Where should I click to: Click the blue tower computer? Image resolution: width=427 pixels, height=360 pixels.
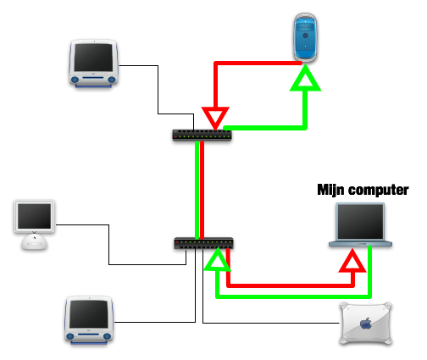coord(305,37)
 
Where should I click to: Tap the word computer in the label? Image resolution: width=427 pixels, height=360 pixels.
coord(379,191)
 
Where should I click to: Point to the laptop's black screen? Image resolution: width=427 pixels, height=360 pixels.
coord(361,222)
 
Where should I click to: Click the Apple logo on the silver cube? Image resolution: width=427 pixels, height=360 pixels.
coord(366,323)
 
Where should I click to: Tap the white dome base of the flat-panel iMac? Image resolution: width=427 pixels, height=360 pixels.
coord(35,242)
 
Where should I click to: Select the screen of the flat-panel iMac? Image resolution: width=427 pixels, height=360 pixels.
coord(35,216)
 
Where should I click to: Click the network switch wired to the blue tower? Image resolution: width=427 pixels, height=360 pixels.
coord(202,135)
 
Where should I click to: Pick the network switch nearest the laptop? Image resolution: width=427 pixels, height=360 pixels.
coord(203,243)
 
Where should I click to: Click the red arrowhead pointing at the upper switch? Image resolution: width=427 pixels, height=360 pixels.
coord(215,118)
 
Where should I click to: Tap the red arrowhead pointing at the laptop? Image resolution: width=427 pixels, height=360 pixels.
coord(352,261)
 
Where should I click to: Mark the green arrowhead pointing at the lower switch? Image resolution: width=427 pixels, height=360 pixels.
coord(218,260)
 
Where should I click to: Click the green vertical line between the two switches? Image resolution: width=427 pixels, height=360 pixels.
coord(197,190)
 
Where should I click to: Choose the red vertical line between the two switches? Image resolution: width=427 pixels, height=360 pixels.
coord(202,190)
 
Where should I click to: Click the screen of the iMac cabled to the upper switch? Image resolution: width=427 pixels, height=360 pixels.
coord(93,58)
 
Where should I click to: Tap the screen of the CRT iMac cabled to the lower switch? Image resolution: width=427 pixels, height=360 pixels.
coord(89,314)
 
